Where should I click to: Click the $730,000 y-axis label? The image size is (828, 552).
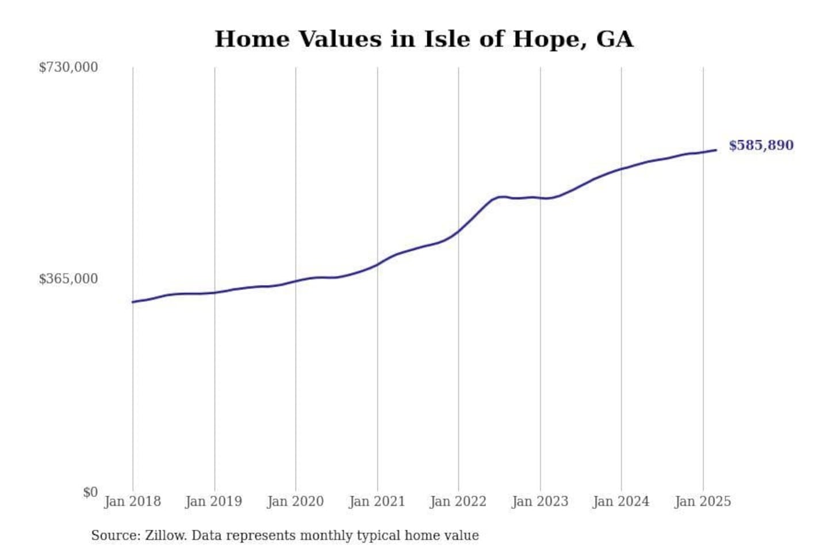tap(68, 67)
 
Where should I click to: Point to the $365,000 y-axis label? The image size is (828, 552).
tap(68, 279)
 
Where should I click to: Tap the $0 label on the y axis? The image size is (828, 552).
tap(90, 492)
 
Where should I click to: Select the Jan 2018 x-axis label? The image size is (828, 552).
tap(132, 501)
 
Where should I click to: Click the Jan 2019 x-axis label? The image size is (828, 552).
tap(213, 501)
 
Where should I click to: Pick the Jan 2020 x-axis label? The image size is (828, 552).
tap(295, 501)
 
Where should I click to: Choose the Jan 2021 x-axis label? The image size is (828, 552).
tap(377, 501)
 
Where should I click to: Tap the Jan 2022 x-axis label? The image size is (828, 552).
tap(458, 501)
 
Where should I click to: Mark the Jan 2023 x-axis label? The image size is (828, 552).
tap(539, 501)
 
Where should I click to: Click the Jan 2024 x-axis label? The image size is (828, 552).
tap(620, 501)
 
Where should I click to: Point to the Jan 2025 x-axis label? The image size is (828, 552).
tap(702, 501)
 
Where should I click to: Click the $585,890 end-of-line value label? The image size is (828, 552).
tap(761, 145)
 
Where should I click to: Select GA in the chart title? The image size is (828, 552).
tap(614, 39)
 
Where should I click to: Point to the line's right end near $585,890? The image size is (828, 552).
tap(716, 150)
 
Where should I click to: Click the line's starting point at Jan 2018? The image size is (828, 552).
tap(133, 302)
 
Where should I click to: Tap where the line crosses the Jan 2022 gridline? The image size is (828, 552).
tap(458, 231)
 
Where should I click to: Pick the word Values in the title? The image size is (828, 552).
tap(340, 39)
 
